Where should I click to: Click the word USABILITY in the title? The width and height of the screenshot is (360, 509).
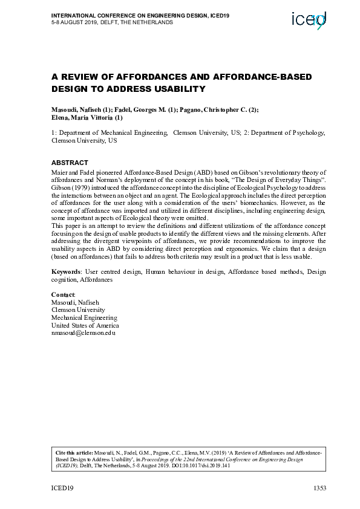(x=176, y=89)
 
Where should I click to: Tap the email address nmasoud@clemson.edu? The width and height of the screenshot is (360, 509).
(x=83, y=333)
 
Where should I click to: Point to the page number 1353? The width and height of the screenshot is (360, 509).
(x=319, y=488)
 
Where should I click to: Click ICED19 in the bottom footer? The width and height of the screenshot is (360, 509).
(x=62, y=488)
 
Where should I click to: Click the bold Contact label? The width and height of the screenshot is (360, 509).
(x=63, y=294)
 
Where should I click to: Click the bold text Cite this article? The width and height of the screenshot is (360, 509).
(x=74, y=452)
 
